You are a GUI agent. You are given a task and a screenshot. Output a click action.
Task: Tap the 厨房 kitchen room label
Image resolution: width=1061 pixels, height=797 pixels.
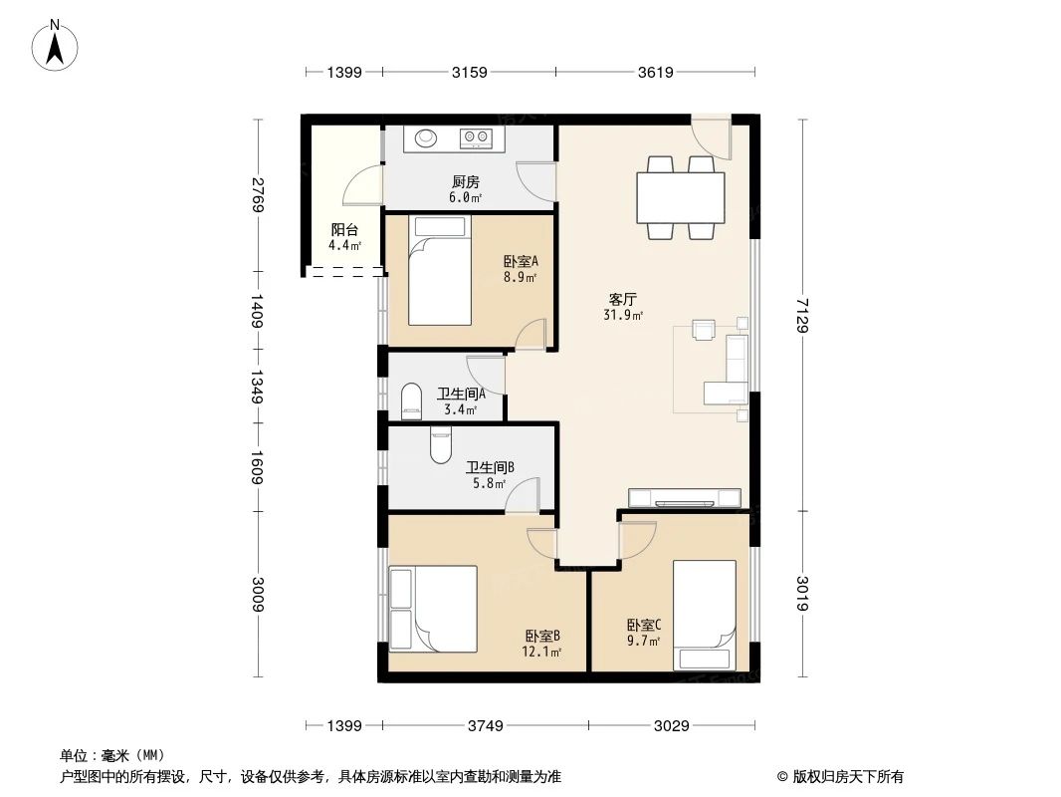click(x=466, y=182)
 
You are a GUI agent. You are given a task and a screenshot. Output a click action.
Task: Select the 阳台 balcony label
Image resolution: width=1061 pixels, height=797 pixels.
click(x=344, y=229)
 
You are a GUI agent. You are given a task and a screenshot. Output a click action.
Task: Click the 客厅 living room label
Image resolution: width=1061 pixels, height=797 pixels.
click(x=623, y=299)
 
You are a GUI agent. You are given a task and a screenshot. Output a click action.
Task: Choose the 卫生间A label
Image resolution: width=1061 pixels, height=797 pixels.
click(x=461, y=394)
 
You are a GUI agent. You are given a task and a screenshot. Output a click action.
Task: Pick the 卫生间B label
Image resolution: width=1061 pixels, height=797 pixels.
click(x=490, y=466)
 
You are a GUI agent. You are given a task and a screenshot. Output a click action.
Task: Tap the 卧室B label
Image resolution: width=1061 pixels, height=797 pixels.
click(x=543, y=636)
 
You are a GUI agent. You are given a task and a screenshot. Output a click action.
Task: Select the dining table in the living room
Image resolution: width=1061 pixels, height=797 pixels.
click(x=681, y=197)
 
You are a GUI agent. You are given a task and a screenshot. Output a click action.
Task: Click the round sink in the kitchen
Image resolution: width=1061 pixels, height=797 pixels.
click(x=426, y=137)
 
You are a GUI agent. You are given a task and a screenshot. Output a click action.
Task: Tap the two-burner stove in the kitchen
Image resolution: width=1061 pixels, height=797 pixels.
click(x=475, y=137)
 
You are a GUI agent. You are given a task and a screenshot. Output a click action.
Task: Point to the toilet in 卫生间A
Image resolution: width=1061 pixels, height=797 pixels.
click(x=411, y=402)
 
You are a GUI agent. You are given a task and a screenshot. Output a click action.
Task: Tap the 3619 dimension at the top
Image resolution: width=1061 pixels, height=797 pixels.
click(x=656, y=72)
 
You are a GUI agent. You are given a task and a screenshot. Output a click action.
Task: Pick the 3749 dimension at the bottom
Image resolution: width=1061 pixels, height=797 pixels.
click(x=487, y=725)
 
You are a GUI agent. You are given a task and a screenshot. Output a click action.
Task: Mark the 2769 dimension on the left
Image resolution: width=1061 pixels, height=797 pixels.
click(x=258, y=195)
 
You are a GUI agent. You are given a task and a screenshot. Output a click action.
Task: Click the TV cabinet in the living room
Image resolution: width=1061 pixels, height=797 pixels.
click(x=684, y=497)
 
